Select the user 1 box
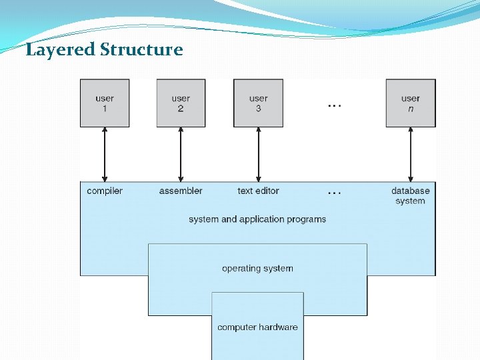(105, 103)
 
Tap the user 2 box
(181, 103)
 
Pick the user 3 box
(258, 103)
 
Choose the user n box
(411, 103)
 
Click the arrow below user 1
(105, 154)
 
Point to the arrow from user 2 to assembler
(181, 154)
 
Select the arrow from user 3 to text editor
(258, 154)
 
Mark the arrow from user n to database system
(411, 154)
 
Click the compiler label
(105, 191)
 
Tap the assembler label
(181, 191)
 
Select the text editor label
(258, 191)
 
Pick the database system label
(411, 195)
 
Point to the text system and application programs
(257, 219)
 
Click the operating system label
(257, 269)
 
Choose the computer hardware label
(257, 327)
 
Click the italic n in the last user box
(411, 109)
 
